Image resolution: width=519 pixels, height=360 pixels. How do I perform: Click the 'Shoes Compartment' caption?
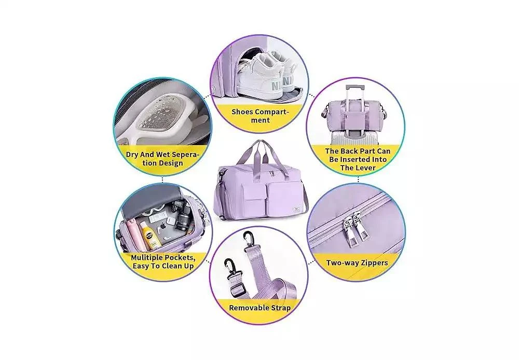[260, 116]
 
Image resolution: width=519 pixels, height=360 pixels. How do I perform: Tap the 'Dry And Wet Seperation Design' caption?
[162, 159]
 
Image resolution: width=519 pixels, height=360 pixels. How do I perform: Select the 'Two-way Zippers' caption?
[357, 263]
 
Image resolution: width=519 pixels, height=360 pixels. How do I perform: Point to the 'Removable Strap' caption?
[260, 308]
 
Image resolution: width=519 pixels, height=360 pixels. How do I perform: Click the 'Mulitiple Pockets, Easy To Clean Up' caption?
[163, 262]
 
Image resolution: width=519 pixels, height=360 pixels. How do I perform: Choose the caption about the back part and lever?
[358, 159]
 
